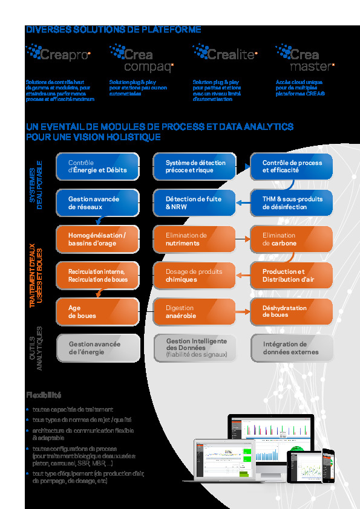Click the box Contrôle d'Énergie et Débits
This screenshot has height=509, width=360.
pos(97,167)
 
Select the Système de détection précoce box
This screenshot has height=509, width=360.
pos(195,167)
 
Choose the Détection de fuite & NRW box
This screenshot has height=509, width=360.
pos(195,203)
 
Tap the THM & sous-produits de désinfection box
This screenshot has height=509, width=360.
pos(292,203)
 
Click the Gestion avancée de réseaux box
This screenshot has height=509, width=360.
pos(97,203)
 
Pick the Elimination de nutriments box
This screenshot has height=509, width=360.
pos(195,239)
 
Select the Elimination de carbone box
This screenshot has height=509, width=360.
pos(292,239)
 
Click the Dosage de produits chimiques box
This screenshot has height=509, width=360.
pos(195,276)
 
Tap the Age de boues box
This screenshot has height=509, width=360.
pos(97,312)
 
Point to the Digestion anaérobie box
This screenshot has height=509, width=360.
pos(195,312)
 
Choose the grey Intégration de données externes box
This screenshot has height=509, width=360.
pos(292,348)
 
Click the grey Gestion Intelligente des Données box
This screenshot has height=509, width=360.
pos(195,348)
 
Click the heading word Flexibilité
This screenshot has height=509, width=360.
pos(44,395)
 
